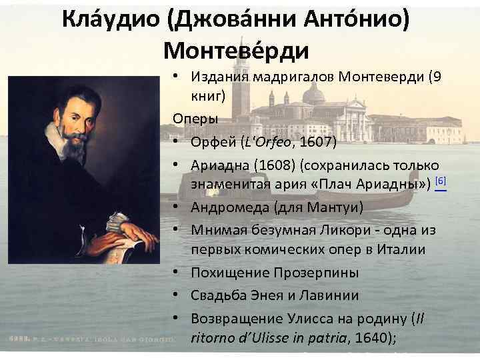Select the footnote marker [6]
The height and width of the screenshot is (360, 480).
439,181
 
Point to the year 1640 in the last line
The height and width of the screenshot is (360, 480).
375,338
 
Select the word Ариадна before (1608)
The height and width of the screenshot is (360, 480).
221,165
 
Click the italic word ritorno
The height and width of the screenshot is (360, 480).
213,338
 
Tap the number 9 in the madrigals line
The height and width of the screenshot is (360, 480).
436,77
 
